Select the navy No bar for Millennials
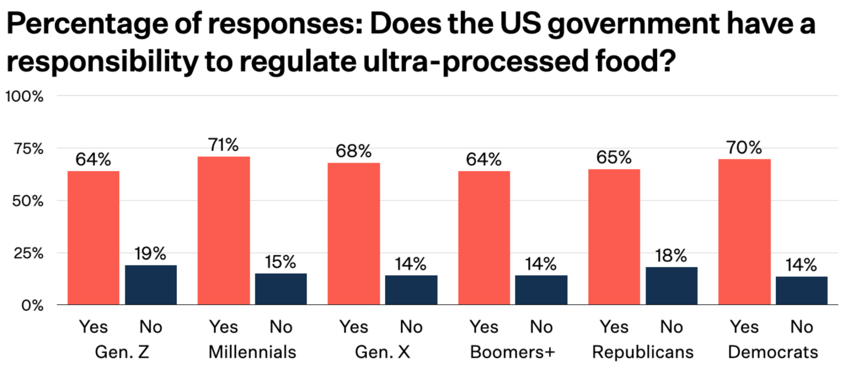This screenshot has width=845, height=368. click(x=281, y=289)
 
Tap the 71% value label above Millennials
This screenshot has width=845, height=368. click(x=223, y=145)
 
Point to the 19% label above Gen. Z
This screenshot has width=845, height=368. click(x=150, y=254)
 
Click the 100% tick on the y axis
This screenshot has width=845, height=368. click(x=24, y=97)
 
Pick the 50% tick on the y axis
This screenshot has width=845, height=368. click(x=28, y=201)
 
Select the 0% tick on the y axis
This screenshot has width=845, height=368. click(x=32, y=306)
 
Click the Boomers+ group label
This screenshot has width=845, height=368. click(x=512, y=352)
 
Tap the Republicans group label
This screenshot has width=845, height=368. click(x=643, y=352)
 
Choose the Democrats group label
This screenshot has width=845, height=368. click(x=773, y=352)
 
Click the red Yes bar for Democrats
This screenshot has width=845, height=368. click(x=744, y=232)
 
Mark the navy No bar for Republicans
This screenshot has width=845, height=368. click(x=671, y=286)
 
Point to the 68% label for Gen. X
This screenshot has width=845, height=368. click(x=353, y=151)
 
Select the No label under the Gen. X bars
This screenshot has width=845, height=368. click(x=411, y=327)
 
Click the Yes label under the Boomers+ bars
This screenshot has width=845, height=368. click(x=484, y=327)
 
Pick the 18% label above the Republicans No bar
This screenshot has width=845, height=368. click(x=671, y=256)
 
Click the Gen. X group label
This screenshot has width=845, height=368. click(x=382, y=352)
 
